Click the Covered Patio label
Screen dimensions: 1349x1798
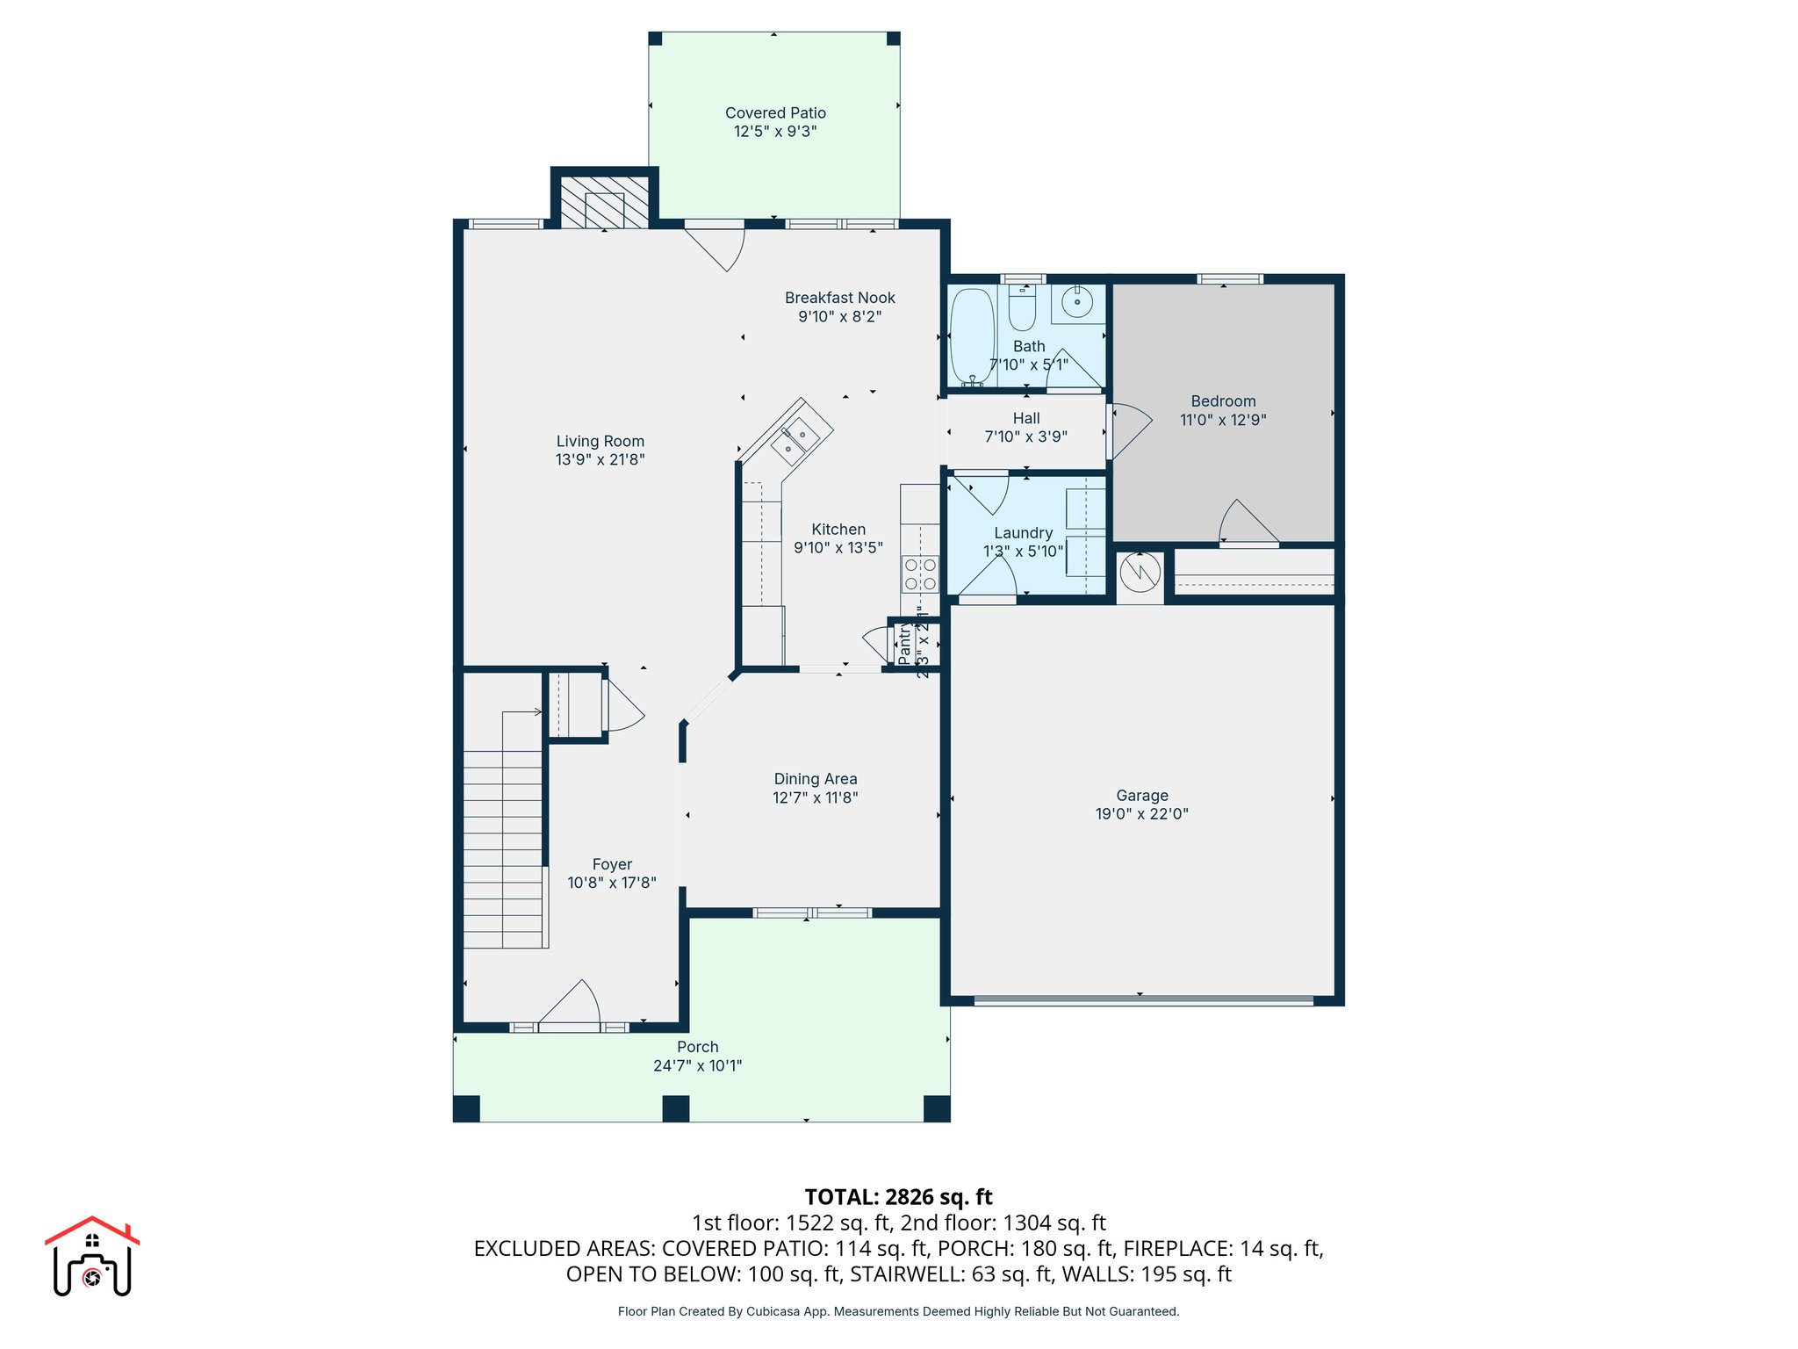(775, 113)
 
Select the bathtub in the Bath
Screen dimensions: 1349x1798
(972, 336)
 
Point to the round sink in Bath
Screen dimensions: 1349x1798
(1077, 302)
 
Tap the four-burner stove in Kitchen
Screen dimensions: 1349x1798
(920, 574)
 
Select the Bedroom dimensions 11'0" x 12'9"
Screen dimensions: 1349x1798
(1223, 420)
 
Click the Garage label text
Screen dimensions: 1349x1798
(1141, 796)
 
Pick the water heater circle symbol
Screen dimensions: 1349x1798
(1140, 574)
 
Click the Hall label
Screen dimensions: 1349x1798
(1025, 419)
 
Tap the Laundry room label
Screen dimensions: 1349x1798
(1023, 533)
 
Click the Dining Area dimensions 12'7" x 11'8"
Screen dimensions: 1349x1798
(815, 797)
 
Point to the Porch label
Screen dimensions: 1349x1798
(697, 1047)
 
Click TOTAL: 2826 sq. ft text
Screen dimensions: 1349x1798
(898, 1197)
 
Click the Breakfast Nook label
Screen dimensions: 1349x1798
(839, 298)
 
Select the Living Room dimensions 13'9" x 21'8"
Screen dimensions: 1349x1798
(600, 459)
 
